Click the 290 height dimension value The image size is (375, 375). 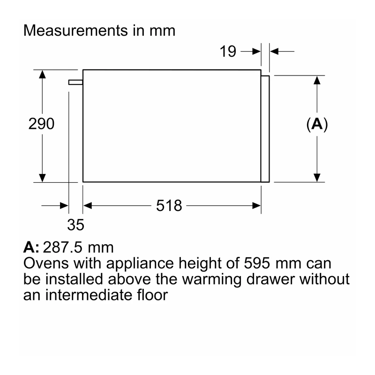pyautogui.click(x=41, y=124)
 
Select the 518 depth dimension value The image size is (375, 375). pyautogui.click(x=169, y=205)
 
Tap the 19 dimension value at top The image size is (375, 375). pyautogui.click(x=228, y=51)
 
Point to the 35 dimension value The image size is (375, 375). pyautogui.click(x=75, y=225)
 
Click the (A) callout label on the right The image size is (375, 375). pyautogui.click(x=317, y=124)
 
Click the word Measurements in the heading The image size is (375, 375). pyautogui.click(x=75, y=30)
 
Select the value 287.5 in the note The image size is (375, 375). pyautogui.click(x=62, y=247)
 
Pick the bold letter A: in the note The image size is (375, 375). pyautogui.click(x=31, y=247)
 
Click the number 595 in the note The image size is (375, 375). pyautogui.click(x=257, y=263)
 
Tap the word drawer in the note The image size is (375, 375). pyautogui.click(x=270, y=279)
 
